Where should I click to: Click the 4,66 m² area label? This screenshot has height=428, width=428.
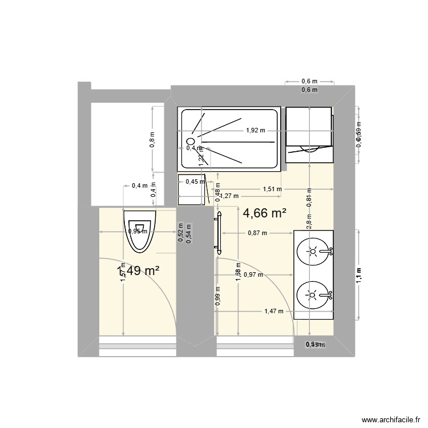264,213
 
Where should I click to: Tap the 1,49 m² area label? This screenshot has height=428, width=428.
138,271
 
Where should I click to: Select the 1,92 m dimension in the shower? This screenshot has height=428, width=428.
256,130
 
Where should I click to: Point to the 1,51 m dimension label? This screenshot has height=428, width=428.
272,189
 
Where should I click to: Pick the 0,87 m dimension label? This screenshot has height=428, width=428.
257,233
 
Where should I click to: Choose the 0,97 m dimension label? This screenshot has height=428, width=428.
253,274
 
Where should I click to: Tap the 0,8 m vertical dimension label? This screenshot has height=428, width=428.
152,140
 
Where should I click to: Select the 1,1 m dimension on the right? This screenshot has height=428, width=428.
359,275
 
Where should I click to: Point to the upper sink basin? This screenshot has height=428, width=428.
312,251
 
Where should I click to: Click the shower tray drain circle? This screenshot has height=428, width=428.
191,139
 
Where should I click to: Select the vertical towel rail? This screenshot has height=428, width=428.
218,231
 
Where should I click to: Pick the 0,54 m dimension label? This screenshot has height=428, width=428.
189,233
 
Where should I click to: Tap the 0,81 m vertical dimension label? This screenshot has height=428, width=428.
309,197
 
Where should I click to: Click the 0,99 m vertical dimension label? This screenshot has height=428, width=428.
217,296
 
